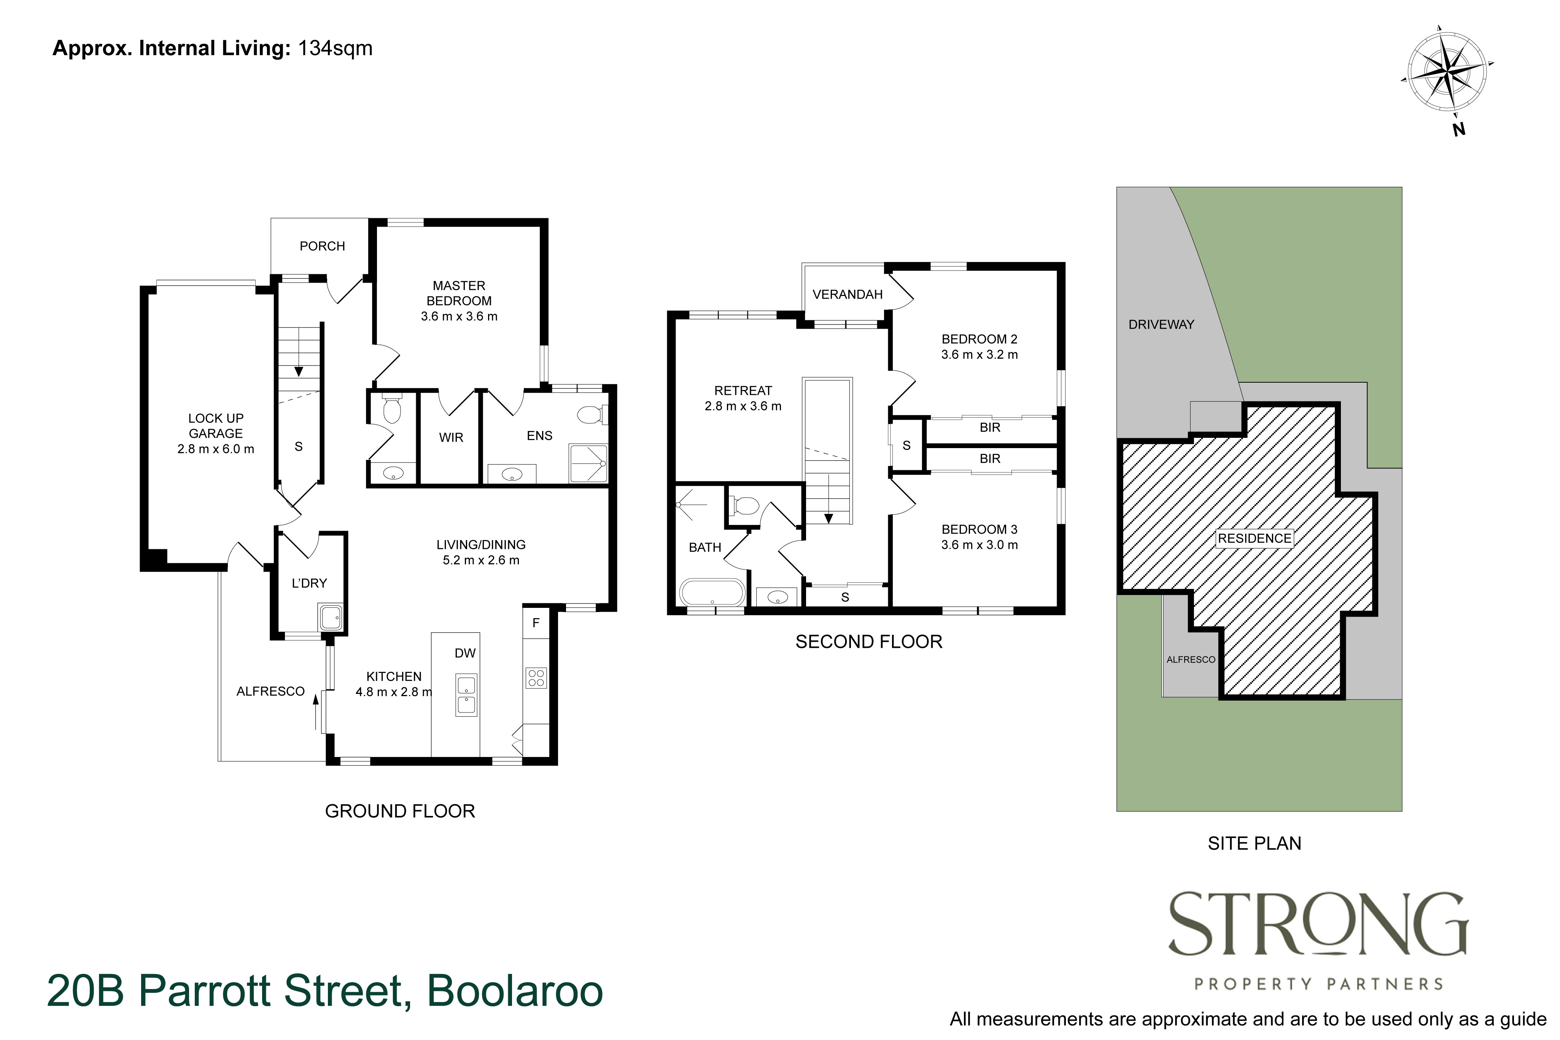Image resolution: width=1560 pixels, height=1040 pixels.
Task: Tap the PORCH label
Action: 322,246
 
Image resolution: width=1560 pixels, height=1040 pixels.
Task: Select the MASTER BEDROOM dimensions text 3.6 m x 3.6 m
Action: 459,316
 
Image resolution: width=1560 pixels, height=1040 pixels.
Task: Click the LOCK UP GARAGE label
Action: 216,426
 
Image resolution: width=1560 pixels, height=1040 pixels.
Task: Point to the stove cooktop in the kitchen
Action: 536,677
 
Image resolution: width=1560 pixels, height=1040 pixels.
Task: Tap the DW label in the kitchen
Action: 465,653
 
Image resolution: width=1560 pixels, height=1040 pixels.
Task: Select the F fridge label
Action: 536,623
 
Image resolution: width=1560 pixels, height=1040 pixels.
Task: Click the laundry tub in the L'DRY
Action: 330,617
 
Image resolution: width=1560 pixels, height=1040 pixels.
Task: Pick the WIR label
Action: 451,438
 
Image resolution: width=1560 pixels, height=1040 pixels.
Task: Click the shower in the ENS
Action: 588,464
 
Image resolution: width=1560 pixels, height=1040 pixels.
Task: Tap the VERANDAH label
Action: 847,294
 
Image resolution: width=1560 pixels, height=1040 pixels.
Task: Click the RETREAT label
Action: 743,391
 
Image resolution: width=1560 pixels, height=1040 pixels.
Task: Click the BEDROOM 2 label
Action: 979,339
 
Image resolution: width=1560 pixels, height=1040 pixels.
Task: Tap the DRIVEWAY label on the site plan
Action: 1161,324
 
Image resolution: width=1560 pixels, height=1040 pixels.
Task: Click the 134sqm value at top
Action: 335,48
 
